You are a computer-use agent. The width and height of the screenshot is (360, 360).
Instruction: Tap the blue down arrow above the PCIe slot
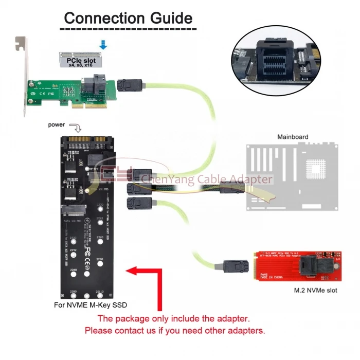[103, 45]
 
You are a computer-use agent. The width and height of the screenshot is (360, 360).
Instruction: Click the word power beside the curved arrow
[56, 125]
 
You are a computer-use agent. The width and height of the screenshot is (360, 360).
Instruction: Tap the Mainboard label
[293, 137]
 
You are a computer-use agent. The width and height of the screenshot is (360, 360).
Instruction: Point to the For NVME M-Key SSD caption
[90, 304]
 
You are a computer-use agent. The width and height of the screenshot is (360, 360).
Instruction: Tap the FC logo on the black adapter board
[86, 252]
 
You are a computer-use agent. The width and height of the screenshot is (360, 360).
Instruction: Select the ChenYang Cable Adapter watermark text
[206, 179]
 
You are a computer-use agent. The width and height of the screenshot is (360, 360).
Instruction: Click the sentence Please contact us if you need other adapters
[175, 330]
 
